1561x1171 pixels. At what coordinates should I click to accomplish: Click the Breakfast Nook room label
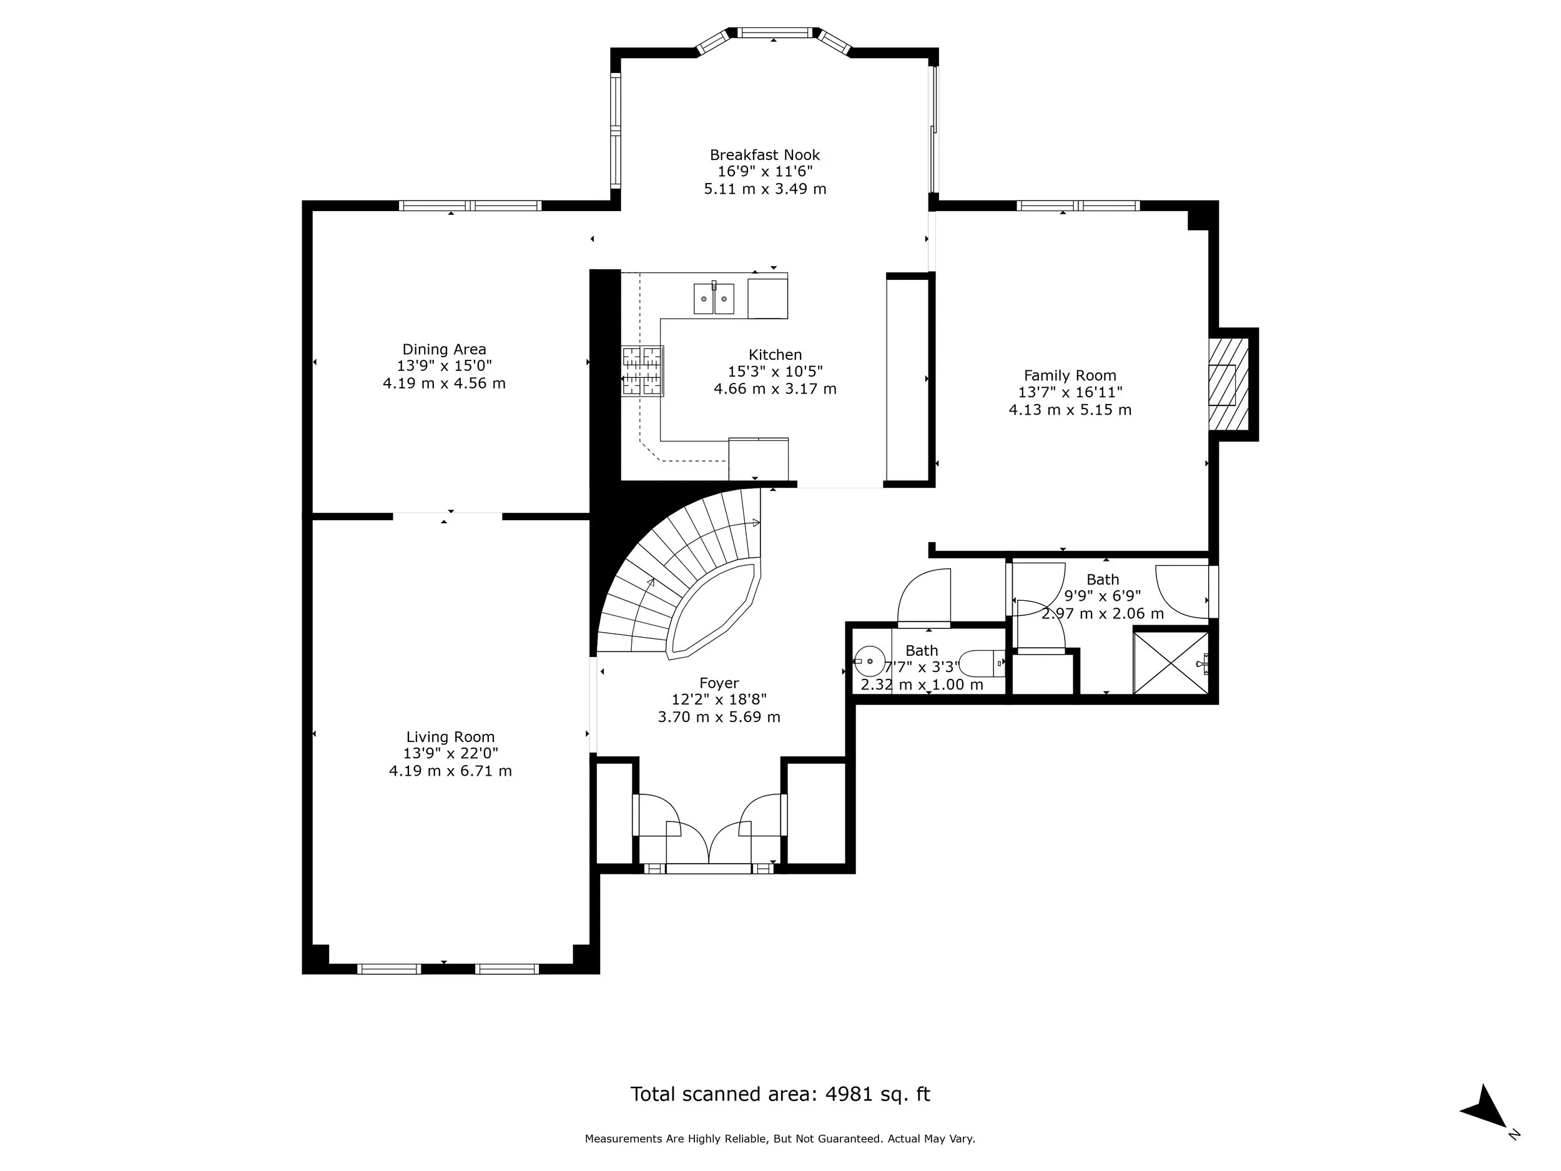tap(765, 155)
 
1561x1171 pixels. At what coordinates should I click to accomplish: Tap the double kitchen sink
tap(714, 299)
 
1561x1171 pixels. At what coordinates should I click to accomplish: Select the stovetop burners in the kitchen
tap(642, 370)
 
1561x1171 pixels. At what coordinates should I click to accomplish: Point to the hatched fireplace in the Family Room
tap(1229, 384)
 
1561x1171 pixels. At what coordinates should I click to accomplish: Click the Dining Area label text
tap(444, 349)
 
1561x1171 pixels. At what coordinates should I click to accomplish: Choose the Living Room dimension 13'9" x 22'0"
tap(450, 753)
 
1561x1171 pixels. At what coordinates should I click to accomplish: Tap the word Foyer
tap(719, 683)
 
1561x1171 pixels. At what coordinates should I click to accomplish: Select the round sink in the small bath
tap(870, 662)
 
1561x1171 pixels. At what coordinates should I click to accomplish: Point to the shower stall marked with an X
tap(1170, 663)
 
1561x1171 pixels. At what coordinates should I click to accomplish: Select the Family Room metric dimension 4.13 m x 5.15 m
tap(1070, 410)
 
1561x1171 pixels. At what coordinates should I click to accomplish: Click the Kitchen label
tap(775, 355)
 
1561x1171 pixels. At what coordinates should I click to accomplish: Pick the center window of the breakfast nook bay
tap(775, 32)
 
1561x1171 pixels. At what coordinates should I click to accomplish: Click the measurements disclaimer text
tap(780, 1139)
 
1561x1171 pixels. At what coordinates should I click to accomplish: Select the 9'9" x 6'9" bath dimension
tap(1102, 596)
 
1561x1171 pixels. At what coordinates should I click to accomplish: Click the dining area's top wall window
tap(470, 206)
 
